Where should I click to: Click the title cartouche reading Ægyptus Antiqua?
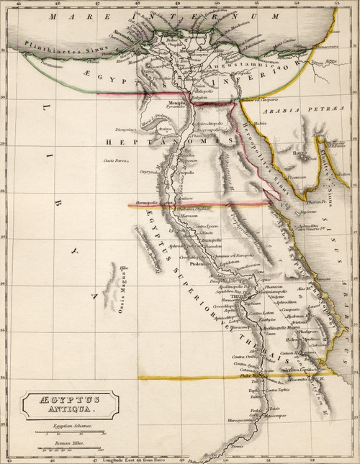point(65,405)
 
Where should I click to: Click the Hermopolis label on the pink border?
point(153,204)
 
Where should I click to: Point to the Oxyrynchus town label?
point(149,171)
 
